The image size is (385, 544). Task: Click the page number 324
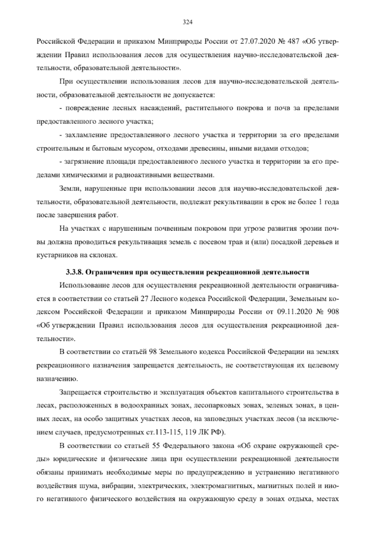coord(187,22)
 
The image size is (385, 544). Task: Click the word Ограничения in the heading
coord(107,273)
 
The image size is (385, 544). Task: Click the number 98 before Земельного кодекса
coord(153,352)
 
